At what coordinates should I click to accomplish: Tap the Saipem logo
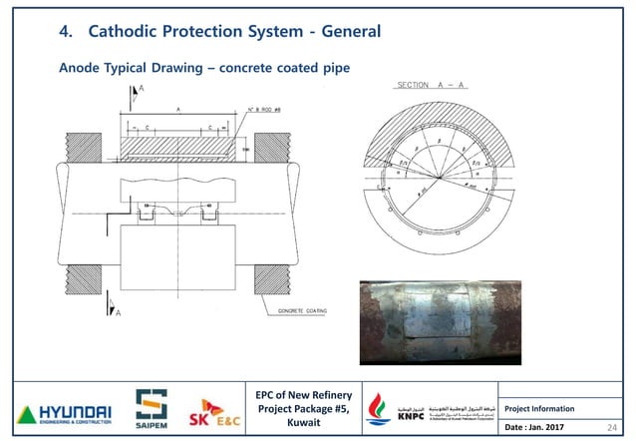151,407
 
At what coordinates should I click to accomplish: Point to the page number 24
613,425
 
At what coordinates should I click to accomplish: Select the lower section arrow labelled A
137,305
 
